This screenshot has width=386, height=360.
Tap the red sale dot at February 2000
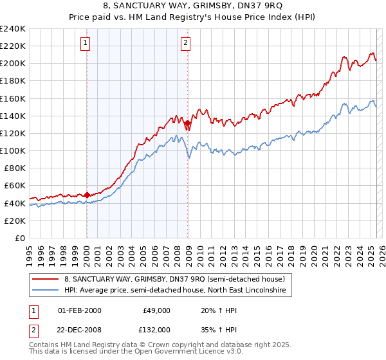(87, 195)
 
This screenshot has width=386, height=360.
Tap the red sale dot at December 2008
(187, 123)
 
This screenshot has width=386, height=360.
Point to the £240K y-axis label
(13, 29)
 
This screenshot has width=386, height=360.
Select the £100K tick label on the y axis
(13, 150)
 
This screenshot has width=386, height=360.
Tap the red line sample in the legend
(46, 279)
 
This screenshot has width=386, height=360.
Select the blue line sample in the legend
(46, 291)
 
